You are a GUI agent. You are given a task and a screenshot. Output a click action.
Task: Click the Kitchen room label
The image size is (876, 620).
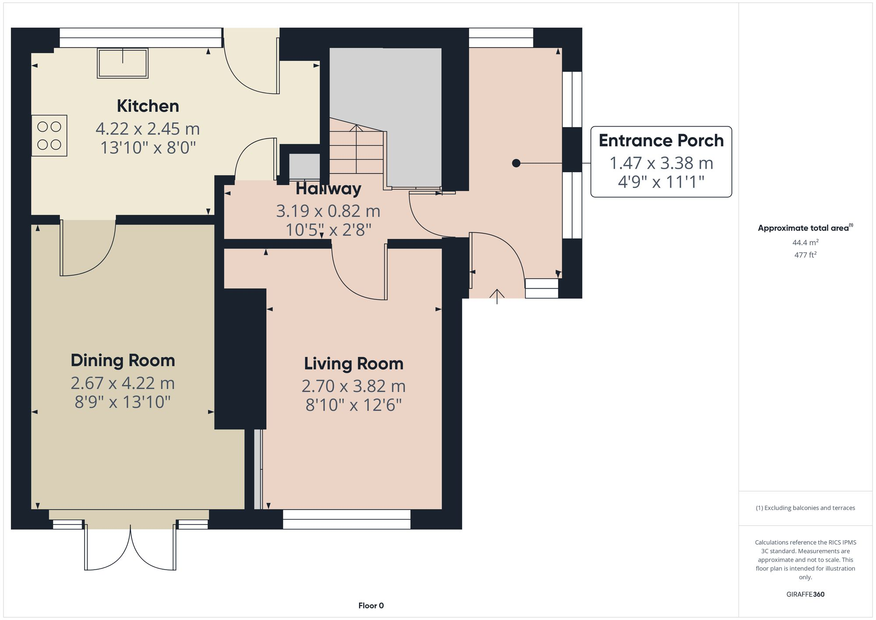148,106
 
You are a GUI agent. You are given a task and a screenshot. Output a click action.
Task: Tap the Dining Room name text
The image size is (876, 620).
123,361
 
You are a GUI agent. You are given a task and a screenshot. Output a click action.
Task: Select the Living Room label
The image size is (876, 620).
353,364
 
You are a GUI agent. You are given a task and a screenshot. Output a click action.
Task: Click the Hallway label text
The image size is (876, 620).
328,189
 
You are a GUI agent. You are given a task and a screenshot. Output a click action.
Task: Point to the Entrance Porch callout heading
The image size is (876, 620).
661,141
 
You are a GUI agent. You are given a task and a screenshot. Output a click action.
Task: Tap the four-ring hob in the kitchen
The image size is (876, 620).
49,135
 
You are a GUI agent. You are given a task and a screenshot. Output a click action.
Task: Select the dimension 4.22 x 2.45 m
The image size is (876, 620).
148,129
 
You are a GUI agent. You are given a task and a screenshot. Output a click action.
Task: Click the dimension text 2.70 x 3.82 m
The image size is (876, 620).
353,386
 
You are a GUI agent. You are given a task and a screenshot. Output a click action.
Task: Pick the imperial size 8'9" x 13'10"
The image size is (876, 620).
123,402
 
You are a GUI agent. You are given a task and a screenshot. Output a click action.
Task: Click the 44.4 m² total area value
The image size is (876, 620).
805,242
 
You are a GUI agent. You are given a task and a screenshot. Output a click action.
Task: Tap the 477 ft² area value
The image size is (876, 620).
805,255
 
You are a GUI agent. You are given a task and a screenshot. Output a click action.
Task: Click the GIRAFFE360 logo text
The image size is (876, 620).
805,594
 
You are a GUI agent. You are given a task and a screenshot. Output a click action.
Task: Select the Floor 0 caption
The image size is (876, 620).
371,606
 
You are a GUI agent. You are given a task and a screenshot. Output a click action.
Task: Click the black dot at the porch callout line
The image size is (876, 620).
516,163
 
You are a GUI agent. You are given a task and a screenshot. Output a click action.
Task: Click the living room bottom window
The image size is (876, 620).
346,519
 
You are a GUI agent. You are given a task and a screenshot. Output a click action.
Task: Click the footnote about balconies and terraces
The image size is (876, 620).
805,508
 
